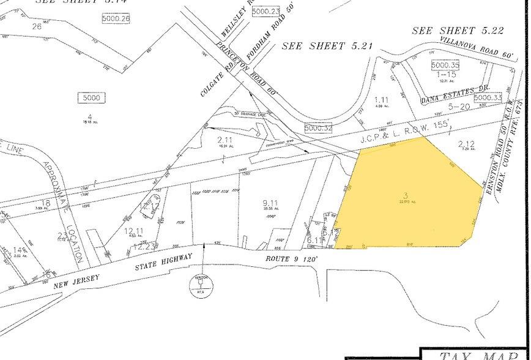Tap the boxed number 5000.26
coord(117,18)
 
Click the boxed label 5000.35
coord(445,64)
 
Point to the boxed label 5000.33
coord(488,97)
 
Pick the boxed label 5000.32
coord(318,128)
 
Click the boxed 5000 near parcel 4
coord(92,97)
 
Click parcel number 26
coord(37,26)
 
